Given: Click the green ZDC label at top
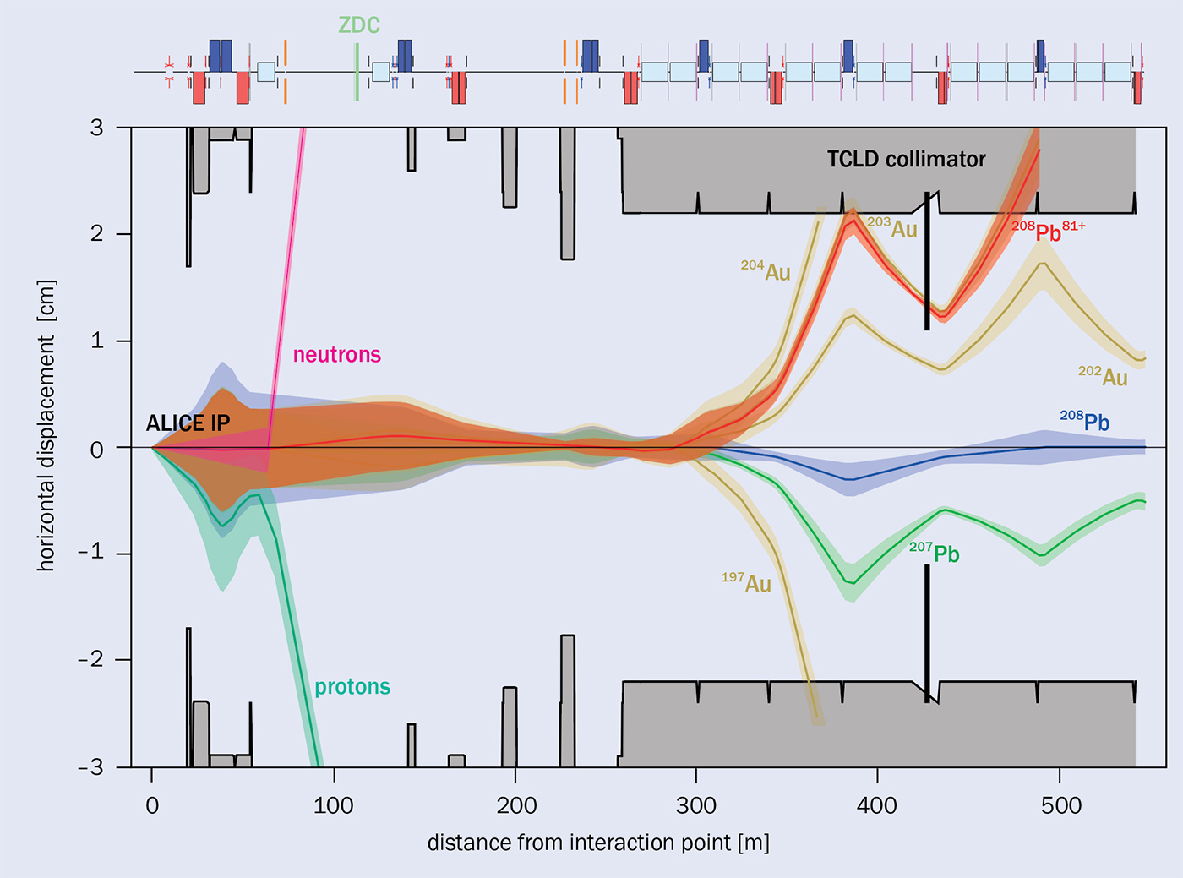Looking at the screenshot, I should pyautogui.click(x=359, y=25).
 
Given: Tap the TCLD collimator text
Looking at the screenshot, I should pyautogui.click(x=906, y=159).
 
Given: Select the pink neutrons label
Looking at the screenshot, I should pyautogui.click(x=336, y=354).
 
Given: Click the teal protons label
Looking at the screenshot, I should pyautogui.click(x=352, y=686).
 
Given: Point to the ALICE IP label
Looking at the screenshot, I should pyautogui.click(x=188, y=423).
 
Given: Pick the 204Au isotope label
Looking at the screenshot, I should pyautogui.click(x=766, y=270).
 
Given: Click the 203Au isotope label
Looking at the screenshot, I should pyautogui.click(x=893, y=227).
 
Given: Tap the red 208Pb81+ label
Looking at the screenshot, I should pyautogui.click(x=1048, y=231).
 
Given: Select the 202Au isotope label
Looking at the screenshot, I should pyautogui.click(x=1103, y=376).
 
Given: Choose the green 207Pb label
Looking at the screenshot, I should pyautogui.click(x=935, y=553).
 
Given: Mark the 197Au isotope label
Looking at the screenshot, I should pyautogui.click(x=746, y=582).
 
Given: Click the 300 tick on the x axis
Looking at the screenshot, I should pyautogui.click(x=696, y=805).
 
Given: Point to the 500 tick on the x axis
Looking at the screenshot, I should pyautogui.click(x=1060, y=805).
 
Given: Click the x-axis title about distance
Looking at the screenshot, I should pyautogui.click(x=598, y=843).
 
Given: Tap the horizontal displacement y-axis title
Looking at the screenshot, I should pyautogui.click(x=46, y=425).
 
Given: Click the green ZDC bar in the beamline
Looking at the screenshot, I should pyautogui.click(x=357, y=73).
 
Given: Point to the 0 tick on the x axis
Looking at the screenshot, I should pyautogui.click(x=152, y=805).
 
